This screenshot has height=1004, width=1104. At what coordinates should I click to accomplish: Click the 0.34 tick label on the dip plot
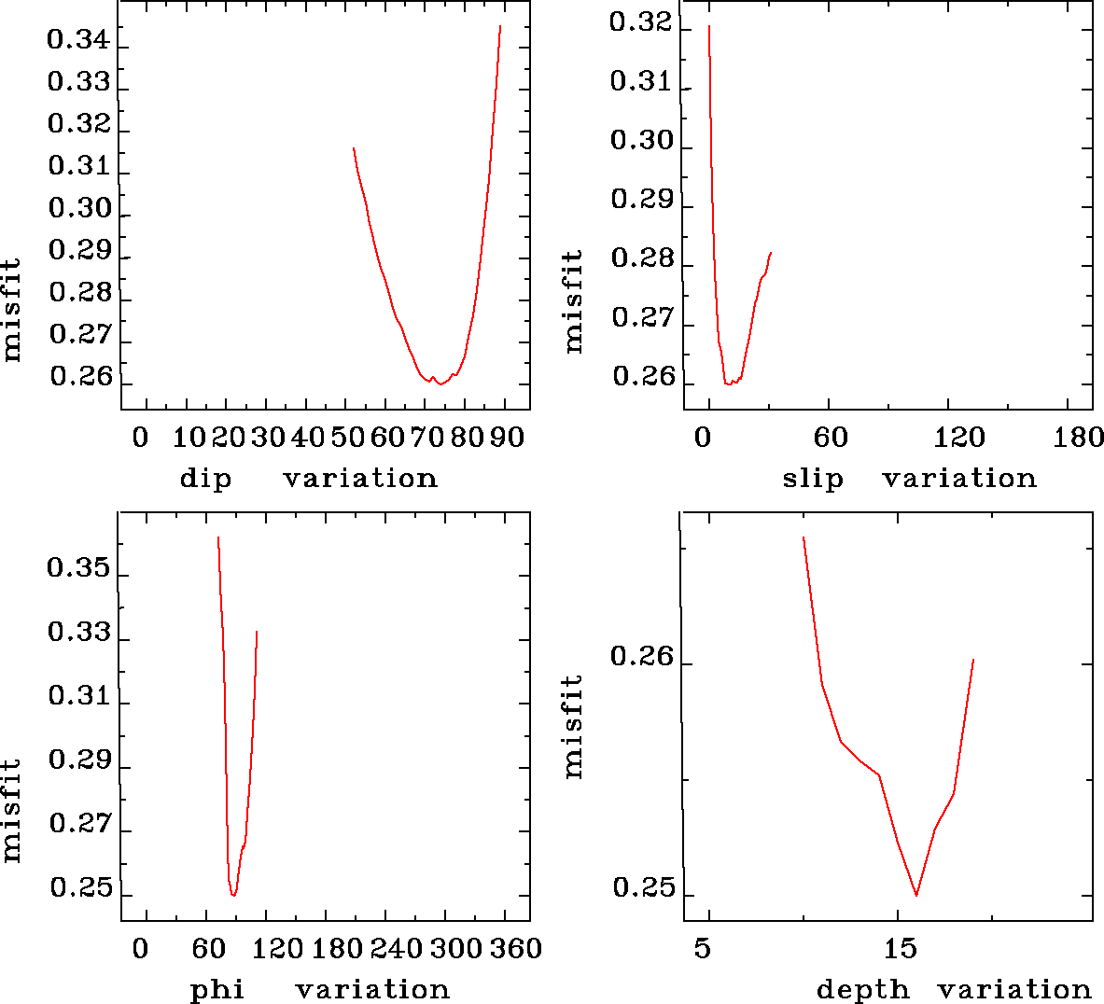[x=78, y=40]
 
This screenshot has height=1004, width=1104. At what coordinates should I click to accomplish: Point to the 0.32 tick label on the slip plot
[x=640, y=21]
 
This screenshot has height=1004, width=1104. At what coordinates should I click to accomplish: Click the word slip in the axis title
[x=812, y=479]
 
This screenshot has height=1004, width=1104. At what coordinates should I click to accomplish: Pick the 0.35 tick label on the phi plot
[x=78, y=568]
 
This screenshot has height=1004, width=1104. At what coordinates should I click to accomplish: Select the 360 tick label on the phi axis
[x=516, y=949]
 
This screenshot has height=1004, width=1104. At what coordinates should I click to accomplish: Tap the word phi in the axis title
[x=217, y=989]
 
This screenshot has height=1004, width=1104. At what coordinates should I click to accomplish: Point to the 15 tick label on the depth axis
[x=901, y=949]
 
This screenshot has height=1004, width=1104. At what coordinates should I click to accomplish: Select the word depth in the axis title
[x=862, y=989]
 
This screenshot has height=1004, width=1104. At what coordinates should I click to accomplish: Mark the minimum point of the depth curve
[x=916, y=895]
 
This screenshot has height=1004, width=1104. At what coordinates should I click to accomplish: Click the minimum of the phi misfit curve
[x=233, y=895]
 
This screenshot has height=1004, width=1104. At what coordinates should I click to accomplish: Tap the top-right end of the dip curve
[x=500, y=26]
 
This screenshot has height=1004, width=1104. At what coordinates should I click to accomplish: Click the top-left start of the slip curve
[x=709, y=26]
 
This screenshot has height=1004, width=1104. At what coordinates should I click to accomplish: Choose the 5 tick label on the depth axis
[x=702, y=949]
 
